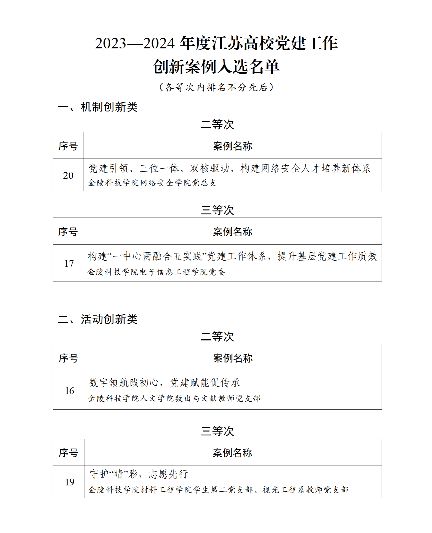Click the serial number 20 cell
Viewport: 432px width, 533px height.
pyautogui.click(x=68, y=175)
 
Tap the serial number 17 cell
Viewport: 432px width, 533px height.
pyautogui.click(x=69, y=263)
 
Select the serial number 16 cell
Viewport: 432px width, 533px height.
pyautogui.click(x=69, y=391)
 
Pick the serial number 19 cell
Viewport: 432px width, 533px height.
pyautogui.click(x=69, y=482)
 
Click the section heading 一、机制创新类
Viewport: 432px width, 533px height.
pyautogui.click(x=98, y=107)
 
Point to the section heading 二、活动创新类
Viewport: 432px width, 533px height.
pyautogui.click(x=98, y=319)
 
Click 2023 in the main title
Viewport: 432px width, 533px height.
pyautogui.click(x=111, y=44)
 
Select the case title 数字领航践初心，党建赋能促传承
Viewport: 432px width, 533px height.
pyautogui.click(x=164, y=382)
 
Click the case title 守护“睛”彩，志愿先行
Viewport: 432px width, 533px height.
pyautogui.click(x=139, y=474)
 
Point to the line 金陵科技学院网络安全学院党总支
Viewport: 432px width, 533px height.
pyautogui.click(x=152, y=183)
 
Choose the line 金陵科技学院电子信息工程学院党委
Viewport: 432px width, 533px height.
pyautogui.click(x=156, y=272)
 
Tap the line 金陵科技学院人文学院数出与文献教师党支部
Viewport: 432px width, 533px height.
pyautogui.click(x=174, y=398)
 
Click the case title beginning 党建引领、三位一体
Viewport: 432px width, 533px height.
pyautogui.click(x=229, y=168)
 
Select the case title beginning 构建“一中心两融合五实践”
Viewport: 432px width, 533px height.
pyautogui.click(x=232, y=256)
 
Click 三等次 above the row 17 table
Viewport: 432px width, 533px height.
pyautogui.click(x=217, y=210)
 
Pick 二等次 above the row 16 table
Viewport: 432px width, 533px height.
pyautogui.click(x=217, y=336)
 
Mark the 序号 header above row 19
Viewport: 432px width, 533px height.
pyautogui.click(x=68, y=453)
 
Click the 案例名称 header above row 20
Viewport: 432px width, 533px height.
pyautogui.click(x=233, y=146)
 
